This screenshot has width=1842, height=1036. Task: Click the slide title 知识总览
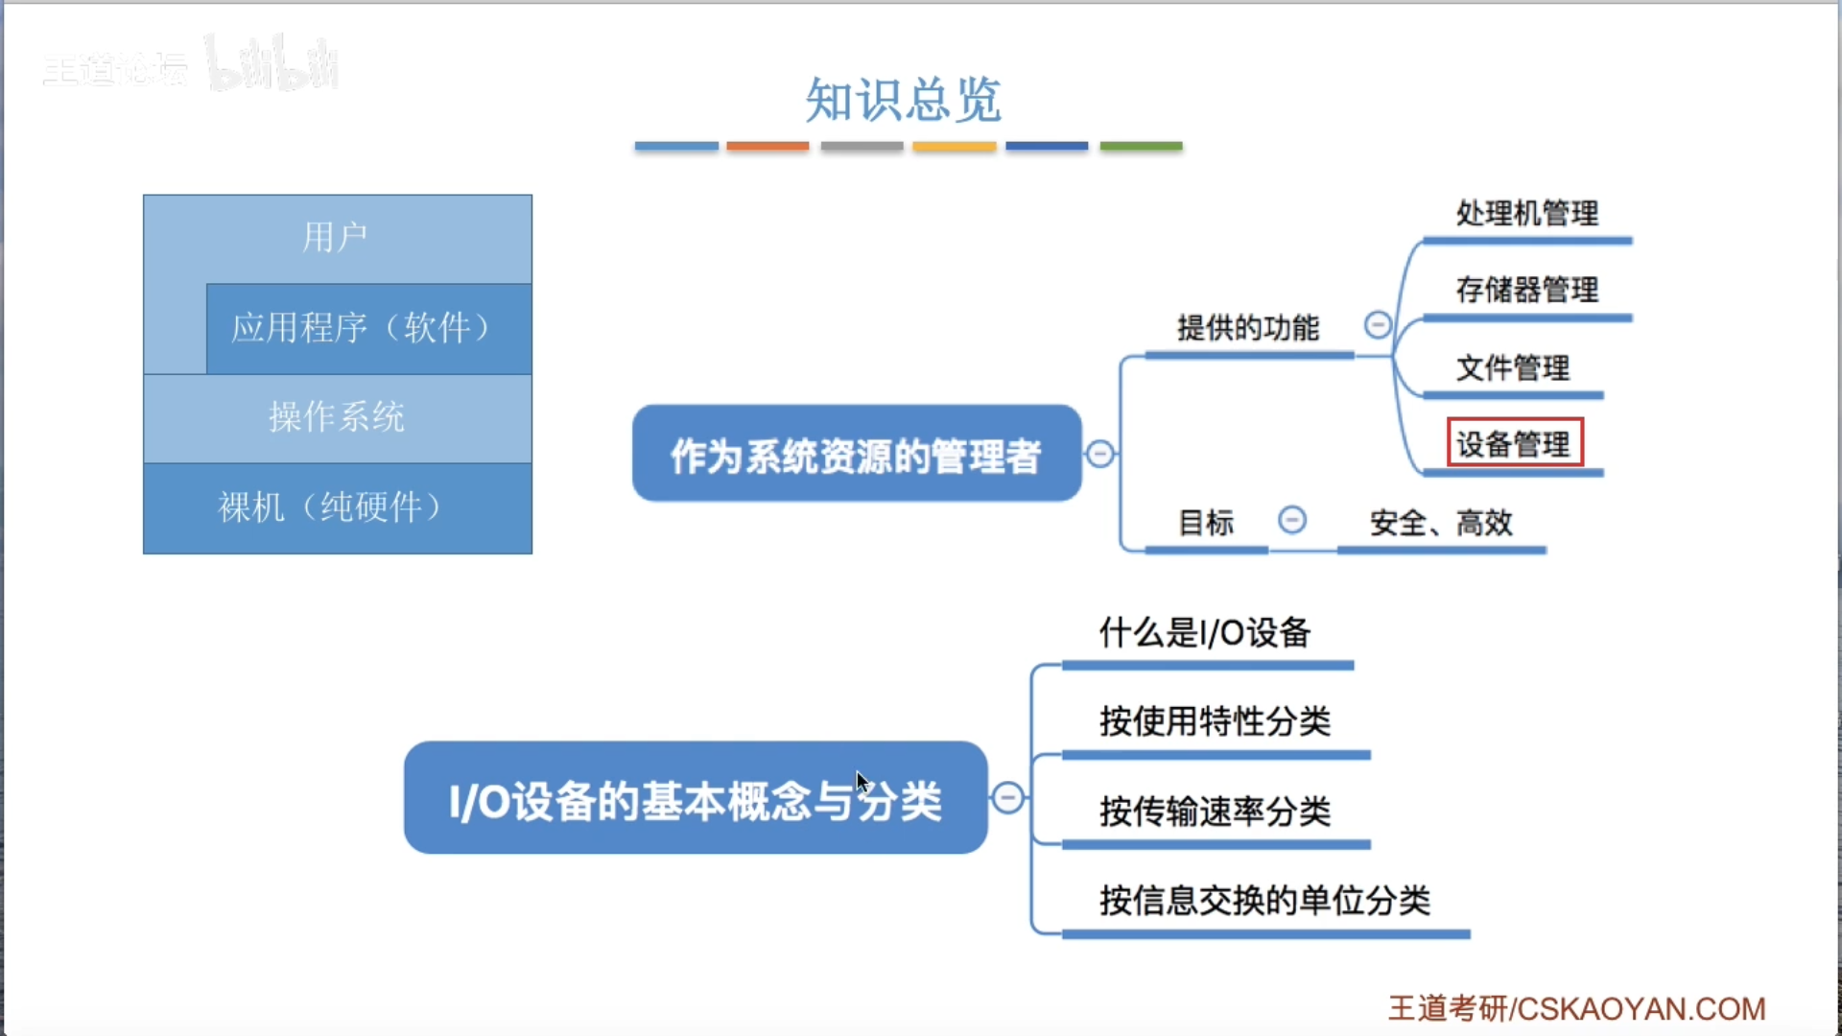(903, 100)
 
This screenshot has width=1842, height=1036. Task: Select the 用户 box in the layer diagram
(336, 237)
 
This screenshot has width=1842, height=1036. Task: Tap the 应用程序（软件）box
(368, 328)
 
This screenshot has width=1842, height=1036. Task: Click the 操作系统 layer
(337, 417)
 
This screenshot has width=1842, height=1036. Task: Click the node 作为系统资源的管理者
(856, 454)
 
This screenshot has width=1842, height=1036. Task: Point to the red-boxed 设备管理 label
(1514, 443)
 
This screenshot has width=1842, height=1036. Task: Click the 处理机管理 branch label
(1526, 213)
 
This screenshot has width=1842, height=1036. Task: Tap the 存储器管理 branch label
(1526, 290)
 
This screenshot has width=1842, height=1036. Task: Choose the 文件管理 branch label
(1513, 367)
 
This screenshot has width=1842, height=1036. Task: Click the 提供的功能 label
(1248, 328)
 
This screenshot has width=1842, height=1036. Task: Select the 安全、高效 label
(1441, 523)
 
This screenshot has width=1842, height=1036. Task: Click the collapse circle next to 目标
(1292, 520)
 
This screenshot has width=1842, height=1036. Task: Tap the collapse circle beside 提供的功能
(1378, 325)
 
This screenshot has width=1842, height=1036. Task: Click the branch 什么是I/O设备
(1205, 633)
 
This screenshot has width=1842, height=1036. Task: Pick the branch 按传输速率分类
(1216, 812)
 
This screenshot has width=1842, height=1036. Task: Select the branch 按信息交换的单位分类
(1264, 901)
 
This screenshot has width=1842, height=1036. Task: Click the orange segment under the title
(767, 146)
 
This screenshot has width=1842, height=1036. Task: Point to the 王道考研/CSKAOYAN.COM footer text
(1576, 1008)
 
